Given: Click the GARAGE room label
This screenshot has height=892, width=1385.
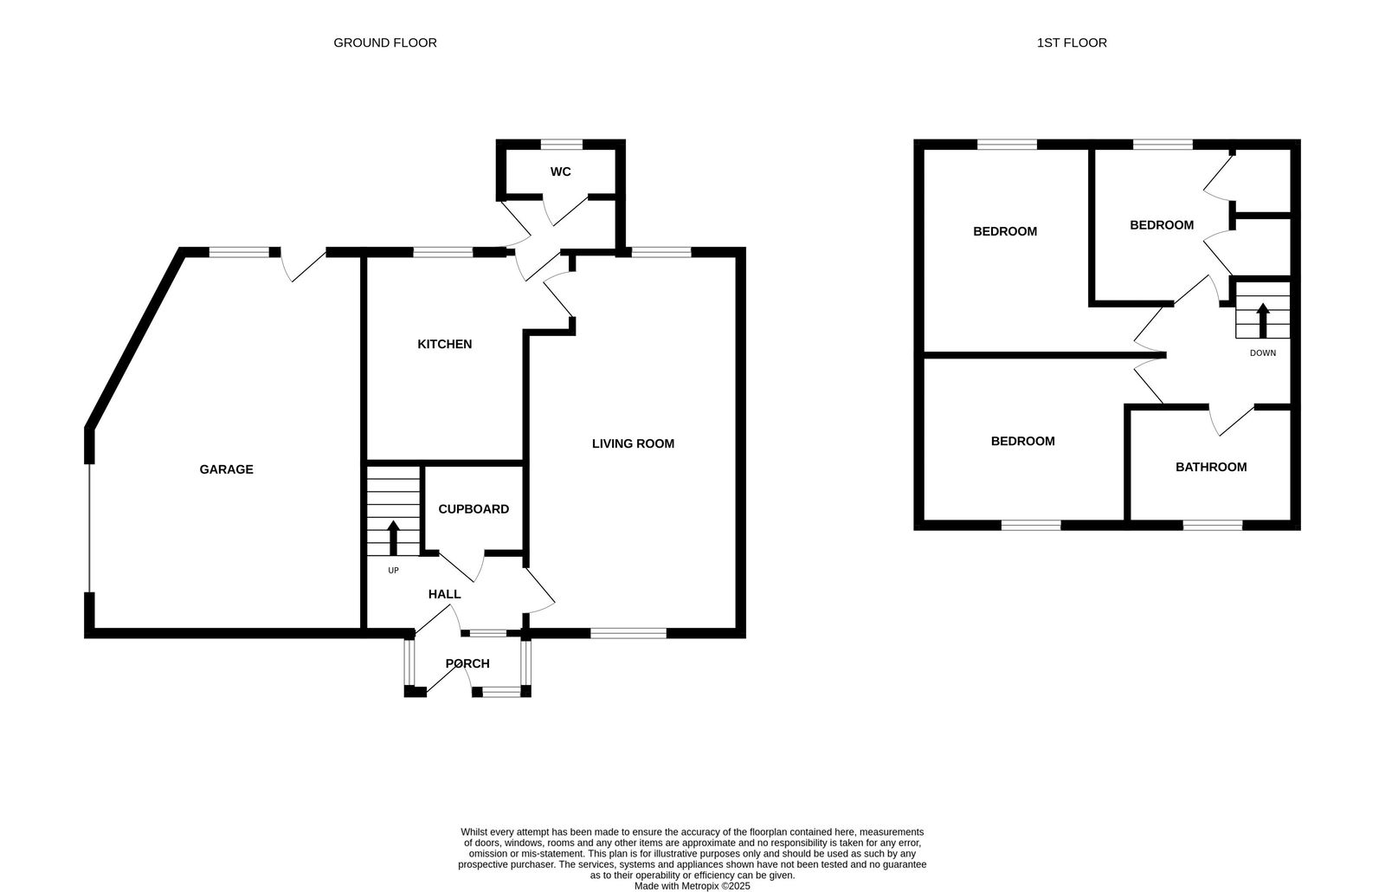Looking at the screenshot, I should [226, 469].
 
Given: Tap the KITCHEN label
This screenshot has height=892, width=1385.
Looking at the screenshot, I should [444, 344].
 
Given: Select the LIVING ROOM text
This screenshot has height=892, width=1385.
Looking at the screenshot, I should [633, 443].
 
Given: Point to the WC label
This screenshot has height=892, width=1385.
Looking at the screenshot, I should [560, 171].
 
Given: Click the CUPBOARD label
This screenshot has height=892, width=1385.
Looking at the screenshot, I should [473, 509].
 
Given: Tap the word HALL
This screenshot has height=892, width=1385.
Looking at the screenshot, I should [444, 594].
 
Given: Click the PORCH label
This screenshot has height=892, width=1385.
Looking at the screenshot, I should [467, 663].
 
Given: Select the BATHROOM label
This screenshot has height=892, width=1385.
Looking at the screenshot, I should [1210, 467].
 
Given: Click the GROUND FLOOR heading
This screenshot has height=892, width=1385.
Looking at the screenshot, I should [385, 42].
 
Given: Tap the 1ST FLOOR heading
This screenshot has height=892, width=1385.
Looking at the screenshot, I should [1071, 42].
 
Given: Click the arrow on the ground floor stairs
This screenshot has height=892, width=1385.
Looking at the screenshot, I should [393, 537].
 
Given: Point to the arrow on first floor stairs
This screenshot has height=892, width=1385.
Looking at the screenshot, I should [1262, 320].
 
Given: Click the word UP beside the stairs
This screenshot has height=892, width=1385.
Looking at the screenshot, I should [393, 570].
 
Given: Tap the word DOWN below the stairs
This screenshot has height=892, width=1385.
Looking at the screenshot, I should [1262, 352].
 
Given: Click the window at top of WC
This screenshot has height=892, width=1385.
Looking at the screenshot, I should [561, 144].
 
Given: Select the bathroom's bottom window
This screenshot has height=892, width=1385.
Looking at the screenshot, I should [1212, 525].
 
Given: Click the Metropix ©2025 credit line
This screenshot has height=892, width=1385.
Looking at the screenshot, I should [692, 886].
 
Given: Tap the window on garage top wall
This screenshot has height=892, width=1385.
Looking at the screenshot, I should [239, 252].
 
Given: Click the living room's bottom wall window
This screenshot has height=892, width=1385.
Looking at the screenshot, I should [628, 633].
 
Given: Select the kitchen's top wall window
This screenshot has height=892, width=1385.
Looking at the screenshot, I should [442, 252].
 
